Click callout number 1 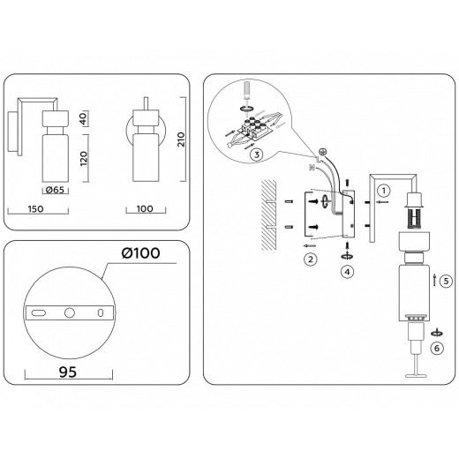[382, 190]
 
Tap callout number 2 [310, 260]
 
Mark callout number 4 [347, 271]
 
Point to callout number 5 [446, 282]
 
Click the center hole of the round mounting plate [68, 312]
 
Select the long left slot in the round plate [41, 312]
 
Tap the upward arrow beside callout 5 [435, 282]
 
